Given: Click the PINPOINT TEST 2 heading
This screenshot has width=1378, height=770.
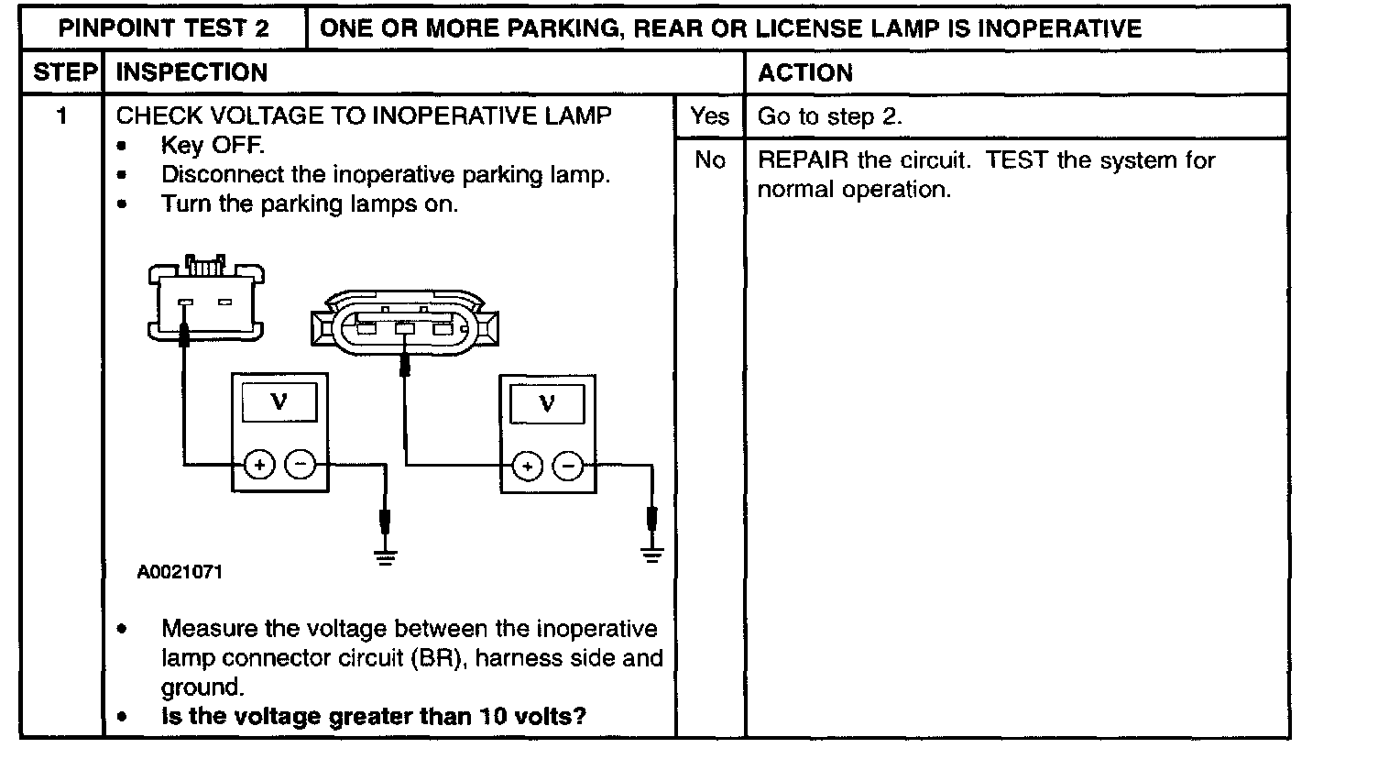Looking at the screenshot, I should [x=164, y=28].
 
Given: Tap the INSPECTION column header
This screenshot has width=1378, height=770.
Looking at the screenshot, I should [x=192, y=72].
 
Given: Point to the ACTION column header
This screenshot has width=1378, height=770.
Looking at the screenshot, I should [x=805, y=72].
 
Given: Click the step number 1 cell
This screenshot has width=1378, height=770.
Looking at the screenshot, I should [x=62, y=116].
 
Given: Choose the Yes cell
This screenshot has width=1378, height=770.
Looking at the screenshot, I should [x=710, y=116].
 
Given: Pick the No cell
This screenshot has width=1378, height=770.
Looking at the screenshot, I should [x=710, y=160].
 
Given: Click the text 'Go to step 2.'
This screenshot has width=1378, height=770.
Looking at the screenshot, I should [x=830, y=116].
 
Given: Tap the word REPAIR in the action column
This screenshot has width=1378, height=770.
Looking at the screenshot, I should [x=803, y=160].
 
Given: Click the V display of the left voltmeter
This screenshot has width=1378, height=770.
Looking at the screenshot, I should [x=280, y=401].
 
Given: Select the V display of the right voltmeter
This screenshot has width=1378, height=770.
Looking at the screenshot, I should [x=548, y=402].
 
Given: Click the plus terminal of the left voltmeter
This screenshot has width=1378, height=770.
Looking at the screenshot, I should [x=260, y=466].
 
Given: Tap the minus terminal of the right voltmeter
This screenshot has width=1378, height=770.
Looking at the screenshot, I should [x=570, y=467].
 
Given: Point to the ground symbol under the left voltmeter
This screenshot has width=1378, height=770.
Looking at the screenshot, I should [x=386, y=555].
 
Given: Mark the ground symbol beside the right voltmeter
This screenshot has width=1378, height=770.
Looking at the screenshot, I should [x=652, y=553].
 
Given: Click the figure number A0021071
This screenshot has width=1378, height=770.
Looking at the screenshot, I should [x=180, y=573].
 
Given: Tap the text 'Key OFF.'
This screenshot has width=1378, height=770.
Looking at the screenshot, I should [x=213, y=146].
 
